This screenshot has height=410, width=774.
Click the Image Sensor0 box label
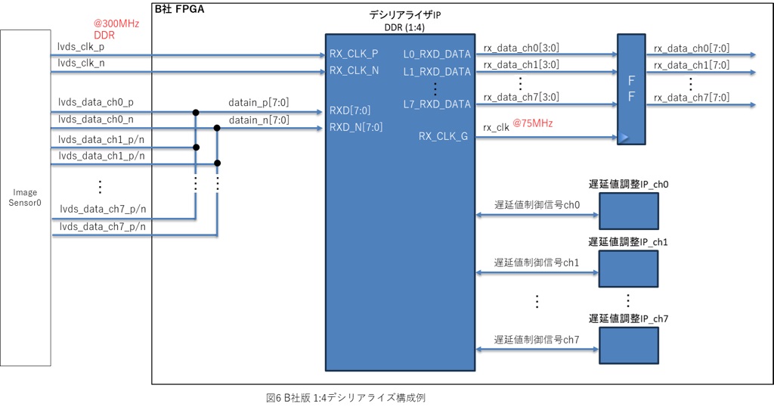coord(25,197)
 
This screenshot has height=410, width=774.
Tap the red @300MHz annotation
coord(116,23)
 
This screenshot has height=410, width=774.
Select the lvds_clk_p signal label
coord(82,47)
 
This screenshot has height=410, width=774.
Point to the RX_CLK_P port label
coord(354,54)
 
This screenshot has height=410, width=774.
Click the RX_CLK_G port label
coord(442,136)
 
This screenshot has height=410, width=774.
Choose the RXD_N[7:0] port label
coord(356,127)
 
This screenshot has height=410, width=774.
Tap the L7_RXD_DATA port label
coord(437,104)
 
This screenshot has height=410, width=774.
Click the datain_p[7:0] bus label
coord(259,101)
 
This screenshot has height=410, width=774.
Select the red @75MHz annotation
coord(533,123)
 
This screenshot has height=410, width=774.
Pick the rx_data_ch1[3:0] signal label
coord(522,65)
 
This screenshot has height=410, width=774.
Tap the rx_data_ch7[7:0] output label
coord(692,97)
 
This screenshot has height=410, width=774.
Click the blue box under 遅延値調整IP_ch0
coord(629,210)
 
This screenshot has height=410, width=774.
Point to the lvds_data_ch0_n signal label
coord(95,119)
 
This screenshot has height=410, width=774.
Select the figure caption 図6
coord(347,396)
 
